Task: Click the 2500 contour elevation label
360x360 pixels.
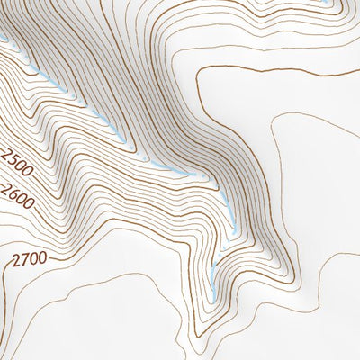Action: pos(17,166)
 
